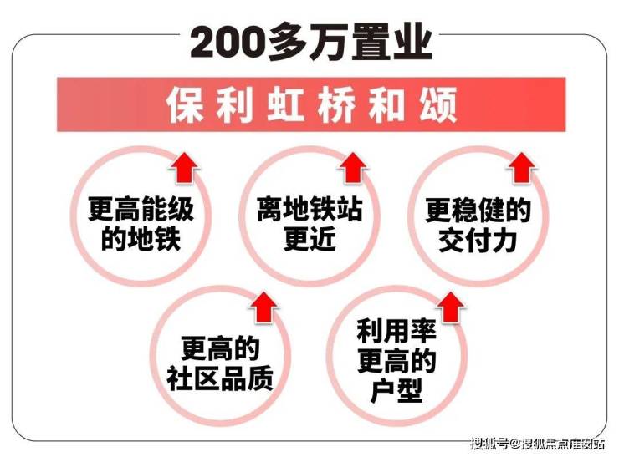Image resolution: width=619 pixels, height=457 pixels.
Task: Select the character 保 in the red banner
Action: [185, 105]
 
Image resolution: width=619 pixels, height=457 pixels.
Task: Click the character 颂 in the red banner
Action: [438, 105]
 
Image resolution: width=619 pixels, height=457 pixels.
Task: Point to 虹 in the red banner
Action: [286, 105]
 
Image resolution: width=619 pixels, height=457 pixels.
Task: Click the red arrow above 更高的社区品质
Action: [263, 308]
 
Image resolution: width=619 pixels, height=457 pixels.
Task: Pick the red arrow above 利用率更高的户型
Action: [451, 308]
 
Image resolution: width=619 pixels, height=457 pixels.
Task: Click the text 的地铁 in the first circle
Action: [141, 239]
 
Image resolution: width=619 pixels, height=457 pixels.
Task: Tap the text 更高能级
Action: [141, 209]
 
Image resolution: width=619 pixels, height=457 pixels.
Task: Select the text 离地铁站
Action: [309, 209]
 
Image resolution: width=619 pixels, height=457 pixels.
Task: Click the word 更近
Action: [309, 239]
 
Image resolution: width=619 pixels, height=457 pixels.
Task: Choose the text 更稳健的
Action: [478, 211]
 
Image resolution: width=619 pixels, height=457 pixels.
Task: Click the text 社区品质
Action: [219, 378]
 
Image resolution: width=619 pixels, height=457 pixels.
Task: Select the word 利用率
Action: [396, 331]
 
